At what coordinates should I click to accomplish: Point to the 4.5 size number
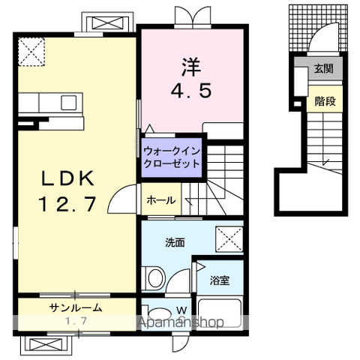pyautogui.click(x=191, y=90)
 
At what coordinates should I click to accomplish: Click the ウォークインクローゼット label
pyautogui.click(x=171, y=155)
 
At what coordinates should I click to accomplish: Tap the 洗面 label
pyautogui.click(x=175, y=242)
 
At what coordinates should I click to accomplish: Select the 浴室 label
pyautogui.click(x=220, y=280)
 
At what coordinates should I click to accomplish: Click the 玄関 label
pyautogui.click(x=323, y=69)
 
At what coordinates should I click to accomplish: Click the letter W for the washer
pyautogui.click(x=181, y=309)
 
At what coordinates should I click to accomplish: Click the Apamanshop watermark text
pyautogui.click(x=181, y=323)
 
